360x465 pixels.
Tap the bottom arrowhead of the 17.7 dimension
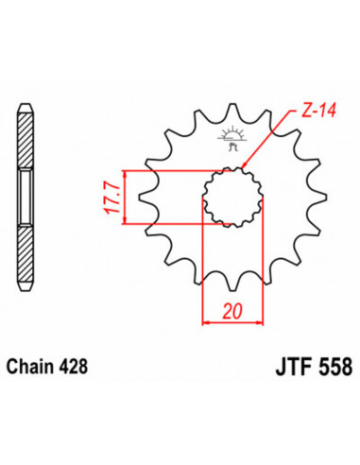tap(122, 223)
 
